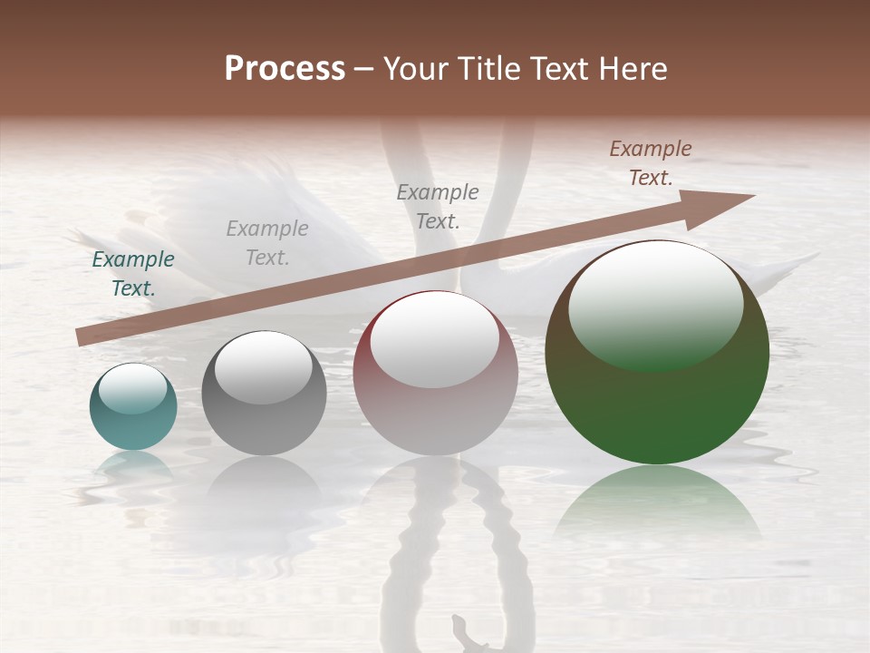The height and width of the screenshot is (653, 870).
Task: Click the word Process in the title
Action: coord(285,69)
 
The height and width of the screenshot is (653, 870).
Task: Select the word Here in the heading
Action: coord(631,69)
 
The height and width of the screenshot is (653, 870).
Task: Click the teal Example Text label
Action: coord(133,274)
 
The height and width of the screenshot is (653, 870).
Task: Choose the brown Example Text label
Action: coord(651,163)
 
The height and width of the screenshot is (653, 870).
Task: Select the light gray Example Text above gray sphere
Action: coord(267,242)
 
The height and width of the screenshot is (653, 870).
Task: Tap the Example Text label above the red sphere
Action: coord(438,206)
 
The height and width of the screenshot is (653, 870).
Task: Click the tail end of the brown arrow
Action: coord(82,338)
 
